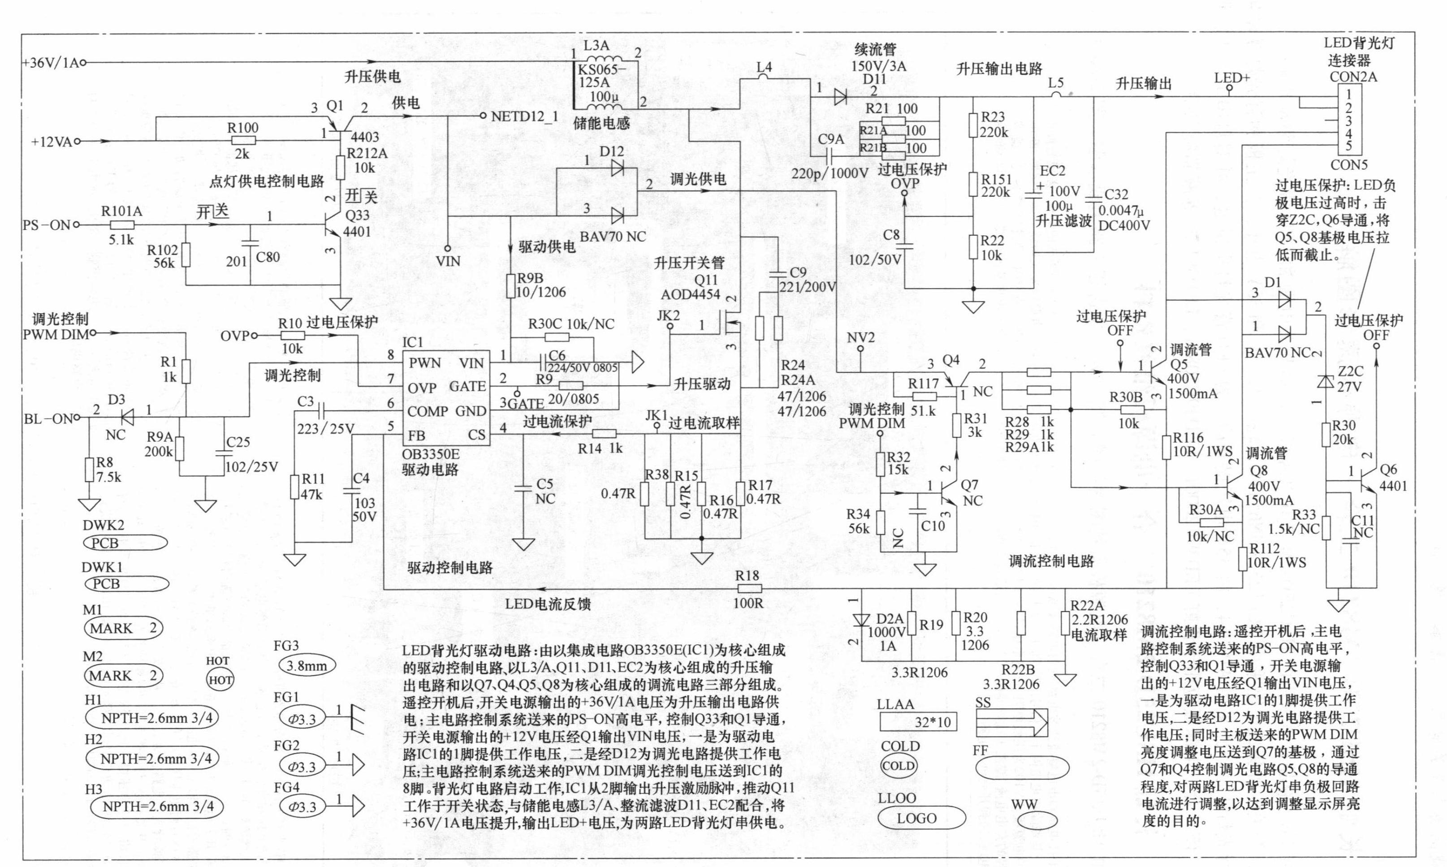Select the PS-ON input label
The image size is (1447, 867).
(46, 225)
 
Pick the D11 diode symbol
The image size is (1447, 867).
(841, 97)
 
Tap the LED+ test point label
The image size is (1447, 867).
(1231, 78)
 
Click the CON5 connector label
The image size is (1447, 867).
(1349, 165)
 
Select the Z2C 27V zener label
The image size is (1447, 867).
(1350, 379)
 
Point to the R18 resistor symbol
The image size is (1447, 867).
(748, 588)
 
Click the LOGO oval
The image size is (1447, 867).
(916, 819)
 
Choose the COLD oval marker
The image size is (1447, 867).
(898, 766)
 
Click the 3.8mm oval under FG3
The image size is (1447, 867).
(306, 665)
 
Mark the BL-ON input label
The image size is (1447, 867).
(48, 419)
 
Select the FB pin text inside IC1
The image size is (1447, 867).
(416, 435)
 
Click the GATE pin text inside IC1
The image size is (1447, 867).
(467, 386)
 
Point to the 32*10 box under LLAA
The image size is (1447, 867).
(916, 723)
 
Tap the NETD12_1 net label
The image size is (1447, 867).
(524, 116)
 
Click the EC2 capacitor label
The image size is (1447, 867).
(1052, 171)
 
